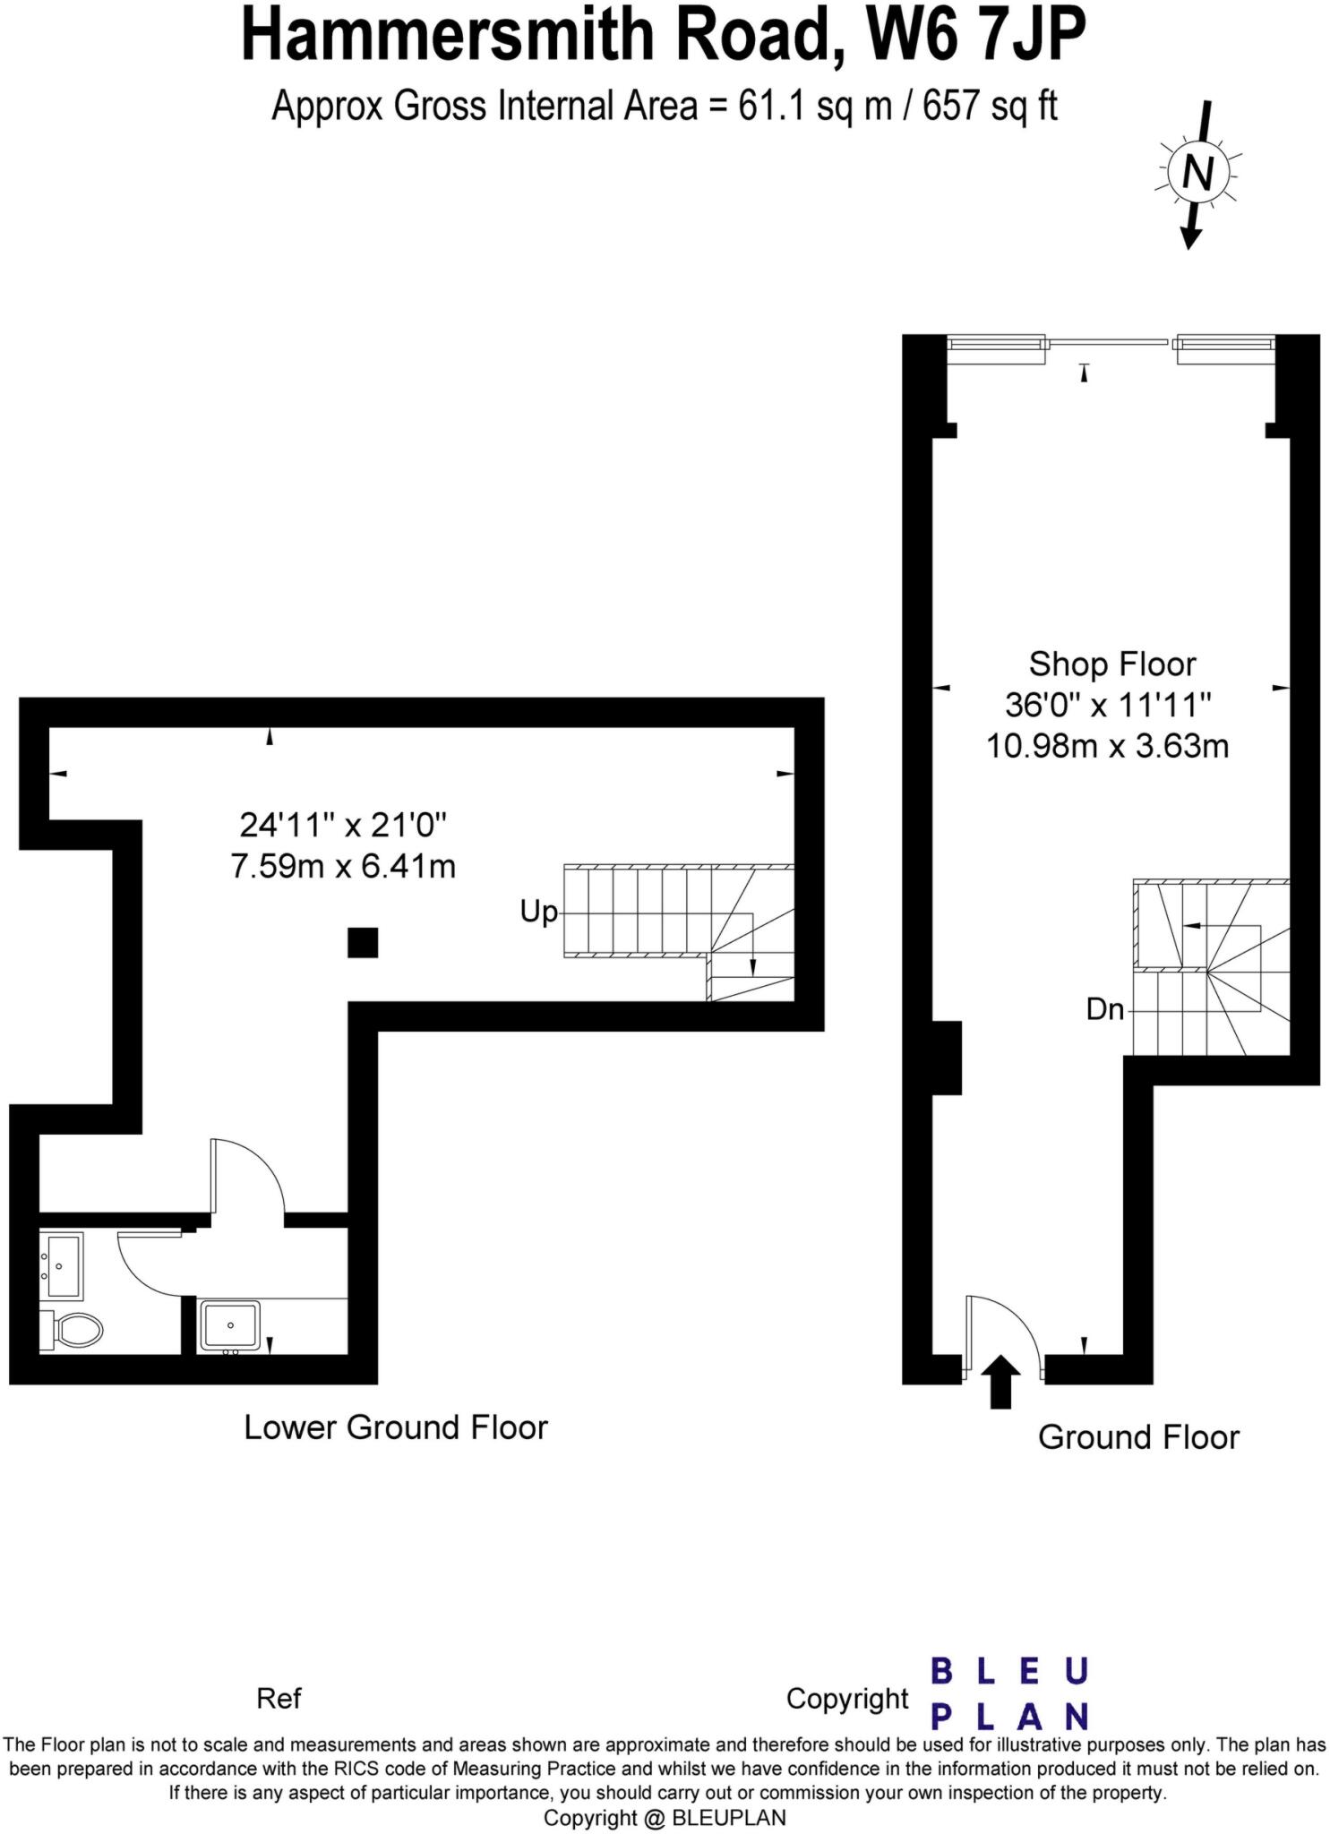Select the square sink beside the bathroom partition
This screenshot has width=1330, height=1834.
(230, 1325)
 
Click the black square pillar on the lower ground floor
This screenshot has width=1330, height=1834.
(363, 943)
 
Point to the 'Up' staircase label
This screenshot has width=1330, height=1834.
(538, 913)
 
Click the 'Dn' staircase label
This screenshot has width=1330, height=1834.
(1104, 1010)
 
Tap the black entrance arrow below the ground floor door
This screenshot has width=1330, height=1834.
(1001, 1381)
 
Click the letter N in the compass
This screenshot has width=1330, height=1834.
(1197, 172)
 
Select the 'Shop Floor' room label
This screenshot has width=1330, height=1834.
(1111, 664)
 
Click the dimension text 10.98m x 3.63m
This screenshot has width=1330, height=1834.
(1108, 746)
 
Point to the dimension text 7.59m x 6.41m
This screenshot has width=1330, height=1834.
(343, 867)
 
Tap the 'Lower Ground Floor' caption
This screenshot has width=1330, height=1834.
(395, 1427)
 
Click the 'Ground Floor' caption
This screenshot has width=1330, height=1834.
(1138, 1437)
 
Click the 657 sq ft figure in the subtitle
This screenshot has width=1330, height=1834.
(990, 107)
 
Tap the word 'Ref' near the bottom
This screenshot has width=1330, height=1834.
(279, 1699)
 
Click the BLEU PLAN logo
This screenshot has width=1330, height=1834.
(1009, 1693)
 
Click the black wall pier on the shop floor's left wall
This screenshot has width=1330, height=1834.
(947, 1058)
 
